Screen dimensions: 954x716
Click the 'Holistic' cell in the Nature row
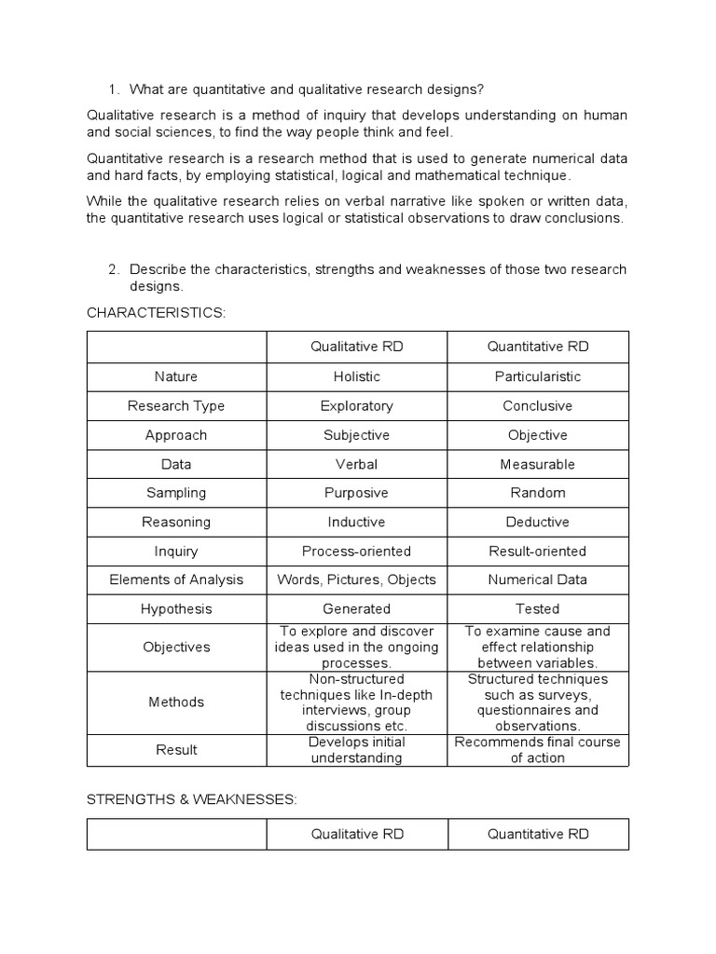pyautogui.click(x=356, y=376)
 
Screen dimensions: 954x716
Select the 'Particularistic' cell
pyautogui.click(x=537, y=376)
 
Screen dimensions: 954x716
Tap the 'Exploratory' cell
pyautogui.click(x=356, y=406)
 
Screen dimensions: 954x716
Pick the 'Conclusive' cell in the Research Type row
pyautogui.click(x=537, y=406)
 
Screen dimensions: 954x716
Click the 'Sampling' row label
pyautogui.click(x=176, y=493)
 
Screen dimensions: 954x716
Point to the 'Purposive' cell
pyautogui.click(x=356, y=493)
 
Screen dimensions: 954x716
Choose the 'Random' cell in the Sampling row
pyautogui.click(x=537, y=493)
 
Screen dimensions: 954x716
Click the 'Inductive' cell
pyautogui.click(x=356, y=522)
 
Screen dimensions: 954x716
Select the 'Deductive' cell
pyautogui.click(x=537, y=522)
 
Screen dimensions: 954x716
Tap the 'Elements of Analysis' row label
pyautogui.click(x=176, y=579)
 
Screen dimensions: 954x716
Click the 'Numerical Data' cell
pyautogui.click(x=537, y=579)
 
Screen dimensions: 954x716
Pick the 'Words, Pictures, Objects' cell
pyautogui.click(x=356, y=579)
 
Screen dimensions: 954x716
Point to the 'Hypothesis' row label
pyautogui.click(x=176, y=609)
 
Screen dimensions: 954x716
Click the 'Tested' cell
pyautogui.click(x=537, y=609)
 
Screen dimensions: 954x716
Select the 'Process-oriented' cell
pyautogui.click(x=356, y=551)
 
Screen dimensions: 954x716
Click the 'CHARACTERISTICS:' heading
pyautogui.click(x=156, y=312)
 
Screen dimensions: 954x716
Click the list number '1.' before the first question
pyautogui.click(x=114, y=89)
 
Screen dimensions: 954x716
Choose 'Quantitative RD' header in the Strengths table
pyautogui.click(x=537, y=835)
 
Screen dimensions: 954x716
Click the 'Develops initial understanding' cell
pyautogui.click(x=356, y=750)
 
